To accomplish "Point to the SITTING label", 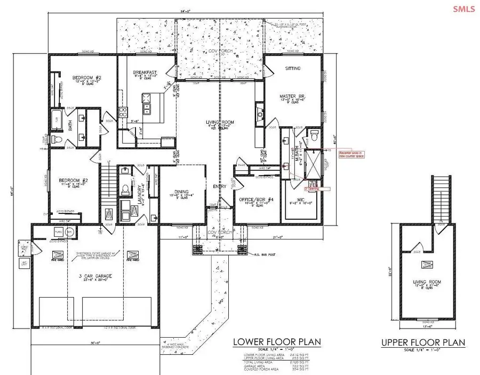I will click(293, 69).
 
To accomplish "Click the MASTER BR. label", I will click(292, 97).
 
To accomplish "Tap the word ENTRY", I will click(218, 186).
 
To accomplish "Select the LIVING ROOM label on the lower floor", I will click(219, 123).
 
